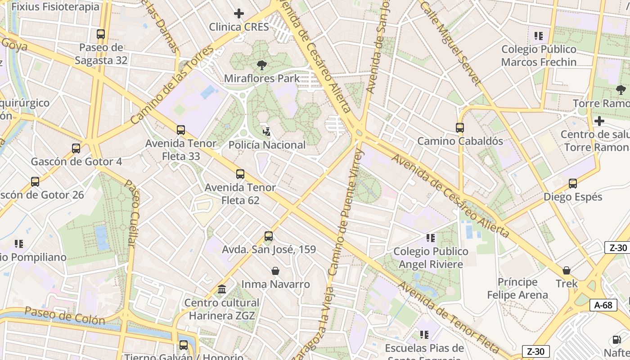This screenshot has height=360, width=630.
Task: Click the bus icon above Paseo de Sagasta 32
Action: pyautogui.click(x=101, y=34)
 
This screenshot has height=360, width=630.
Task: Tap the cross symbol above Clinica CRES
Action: pyautogui.click(x=239, y=13)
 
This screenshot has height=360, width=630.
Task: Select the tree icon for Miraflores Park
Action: pyautogui.click(x=261, y=65)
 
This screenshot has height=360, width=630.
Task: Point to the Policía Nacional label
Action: pyautogui.click(x=267, y=145)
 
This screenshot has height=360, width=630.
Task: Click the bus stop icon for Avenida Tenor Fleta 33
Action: pyautogui.click(x=181, y=130)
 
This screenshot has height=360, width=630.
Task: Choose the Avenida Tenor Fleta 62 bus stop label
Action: pyautogui.click(x=240, y=193)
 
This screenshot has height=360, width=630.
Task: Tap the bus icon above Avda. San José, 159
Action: pyautogui.click(x=269, y=236)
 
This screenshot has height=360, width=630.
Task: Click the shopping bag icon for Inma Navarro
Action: pyautogui.click(x=275, y=271)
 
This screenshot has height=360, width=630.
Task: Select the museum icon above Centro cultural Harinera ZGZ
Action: pyautogui.click(x=222, y=289)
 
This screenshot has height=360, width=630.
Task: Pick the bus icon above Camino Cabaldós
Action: pyautogui.click(x=460, y=128)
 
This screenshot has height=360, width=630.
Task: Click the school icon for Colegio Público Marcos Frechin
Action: pyautogui.click(x=539, y=36)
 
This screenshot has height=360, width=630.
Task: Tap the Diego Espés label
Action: pyautogui.click(x=572, y=197)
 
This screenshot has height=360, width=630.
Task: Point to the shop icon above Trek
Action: pyautogui.click(x=567, y=270)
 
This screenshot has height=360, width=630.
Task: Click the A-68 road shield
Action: pyautogui.click(x=603, y=305)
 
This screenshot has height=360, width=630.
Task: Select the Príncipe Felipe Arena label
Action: pyautogui.click(x=517, y=288)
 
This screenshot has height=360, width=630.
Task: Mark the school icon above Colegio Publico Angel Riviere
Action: pyautogui.click(x=431, y=238)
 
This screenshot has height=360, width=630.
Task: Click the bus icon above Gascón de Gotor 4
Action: pyautogui.click(x=76, y=148)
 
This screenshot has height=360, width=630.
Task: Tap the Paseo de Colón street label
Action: pyautogui.click(x=65, y=315)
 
